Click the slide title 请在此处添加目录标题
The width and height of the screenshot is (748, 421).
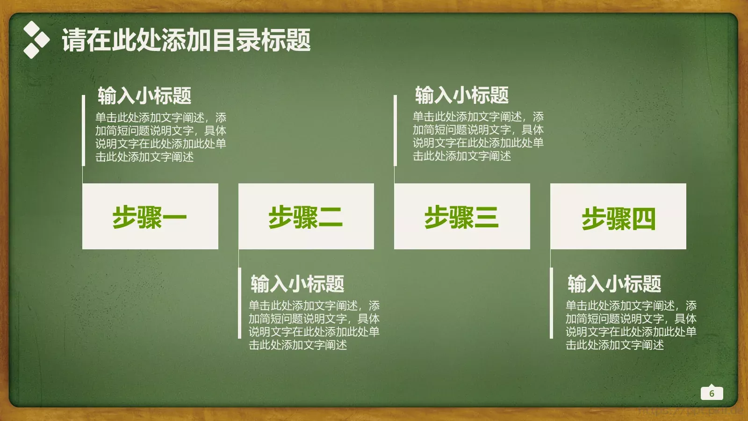pyautogui.click(x=186, y=40)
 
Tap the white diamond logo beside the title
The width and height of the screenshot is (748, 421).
pyautogui.click(x=36, y=40)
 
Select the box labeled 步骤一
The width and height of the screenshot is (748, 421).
pyautogui.click(x=150, y=216)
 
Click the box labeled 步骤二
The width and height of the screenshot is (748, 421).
pyautogui.click(x=306, y=216)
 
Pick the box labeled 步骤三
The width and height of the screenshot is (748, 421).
pyautogui.click(x=462, y=216)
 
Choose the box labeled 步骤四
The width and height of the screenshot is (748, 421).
pyautogui.click(x=618, y=216)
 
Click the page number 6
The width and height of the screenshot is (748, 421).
pyautogui.click(x=712, y=393)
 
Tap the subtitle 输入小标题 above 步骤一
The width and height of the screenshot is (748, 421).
pyautogui.click(x=144, y=95)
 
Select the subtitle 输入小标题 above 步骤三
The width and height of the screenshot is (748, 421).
pyautogui.click(x=462, y=95)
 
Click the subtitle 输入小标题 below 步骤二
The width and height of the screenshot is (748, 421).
pyautogui.click(x=297, y=283)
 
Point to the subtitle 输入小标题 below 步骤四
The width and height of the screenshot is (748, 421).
pyautogui.click(x=614, y=283)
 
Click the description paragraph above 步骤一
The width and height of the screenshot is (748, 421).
pyautogui.click(x=160, y=137)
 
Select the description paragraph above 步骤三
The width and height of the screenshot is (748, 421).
pyautogui.click(x=478, y=136)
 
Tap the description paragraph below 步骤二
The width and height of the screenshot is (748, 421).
pyautogui.click(x=314, y=325)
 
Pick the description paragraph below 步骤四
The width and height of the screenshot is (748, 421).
pyautogui.click(x=631, y=325)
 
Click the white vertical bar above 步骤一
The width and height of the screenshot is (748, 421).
pyautogui.click(x=83, y=131)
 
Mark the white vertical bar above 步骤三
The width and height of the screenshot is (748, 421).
pyautogui.click(x=395, y=131)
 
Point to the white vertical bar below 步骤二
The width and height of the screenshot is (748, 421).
pyautogui.click(x=239, y=303)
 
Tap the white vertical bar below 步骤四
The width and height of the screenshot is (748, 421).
pyautogui.click(x=551, y=303)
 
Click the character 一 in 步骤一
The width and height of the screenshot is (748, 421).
pyautogui.click(x=175, y=217)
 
